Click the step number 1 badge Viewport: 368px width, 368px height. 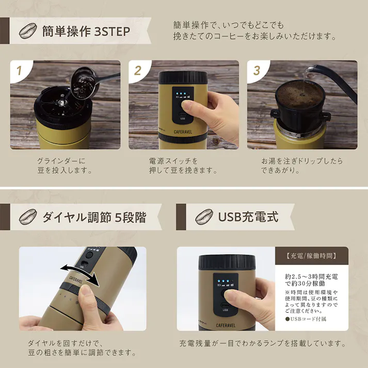(19, 70)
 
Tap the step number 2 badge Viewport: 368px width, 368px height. (137, 70)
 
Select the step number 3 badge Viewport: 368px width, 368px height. (256, 70)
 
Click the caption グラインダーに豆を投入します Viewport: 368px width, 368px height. (65, 166)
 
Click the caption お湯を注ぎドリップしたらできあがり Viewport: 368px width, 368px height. (301, 166)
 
